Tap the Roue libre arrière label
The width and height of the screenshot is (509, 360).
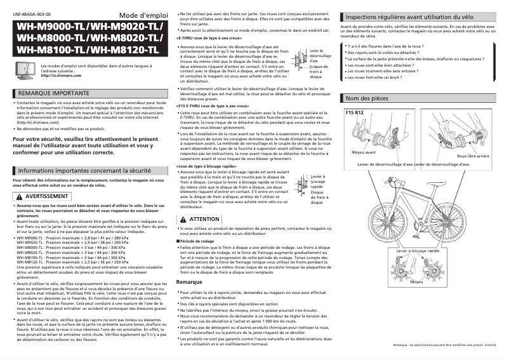[472, 156]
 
